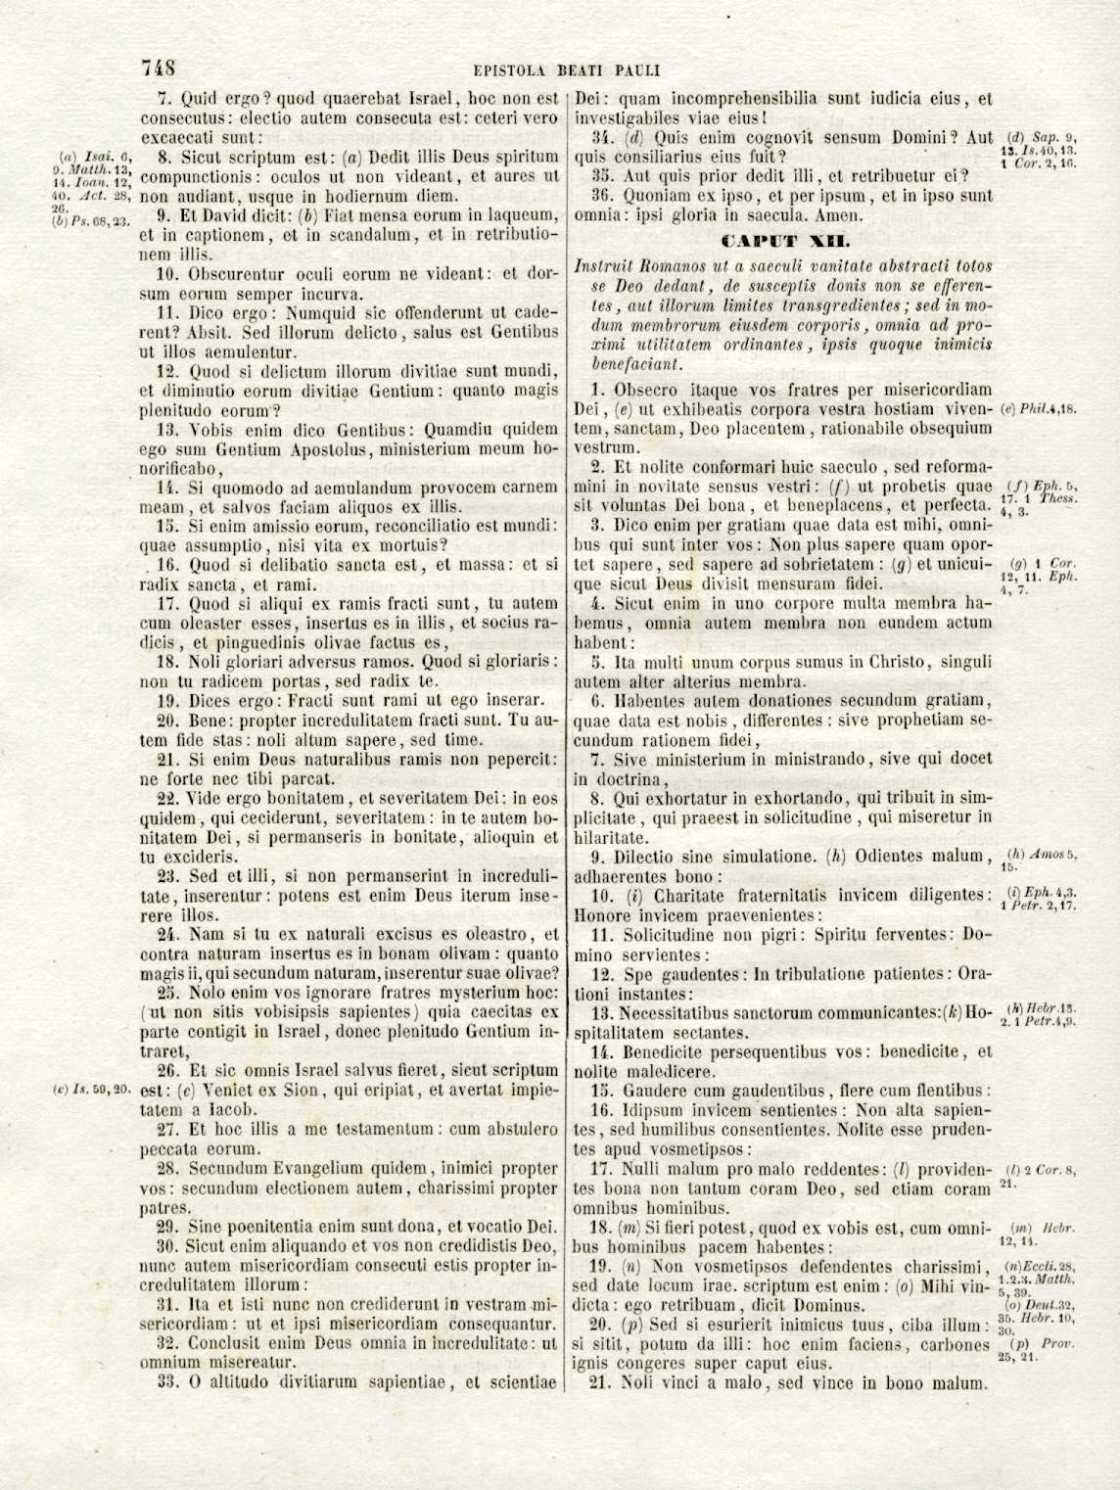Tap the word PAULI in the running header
tap(636, 70)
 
